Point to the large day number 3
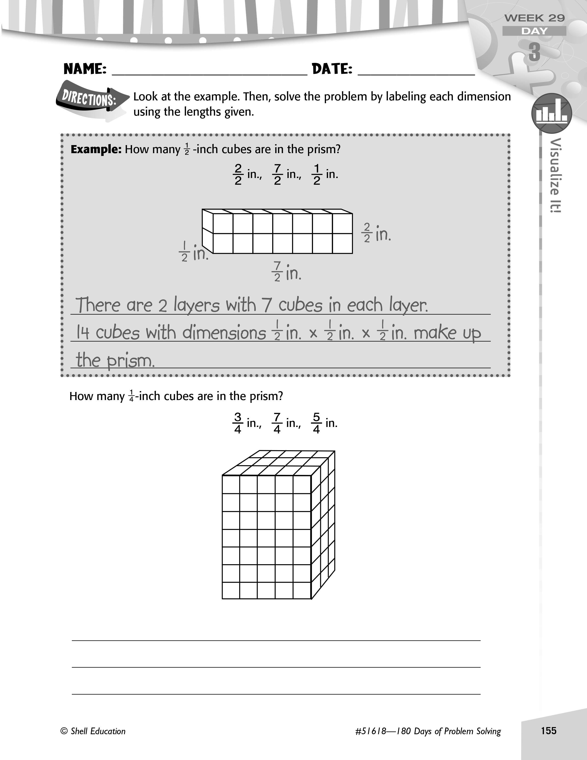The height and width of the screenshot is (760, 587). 535,53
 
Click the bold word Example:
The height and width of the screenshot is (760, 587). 96,149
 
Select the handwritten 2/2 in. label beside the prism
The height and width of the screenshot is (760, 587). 377,233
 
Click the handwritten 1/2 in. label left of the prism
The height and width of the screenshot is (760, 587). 193,251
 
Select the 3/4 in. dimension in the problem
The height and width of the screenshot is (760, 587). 247,423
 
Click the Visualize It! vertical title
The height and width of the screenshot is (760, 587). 556,175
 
